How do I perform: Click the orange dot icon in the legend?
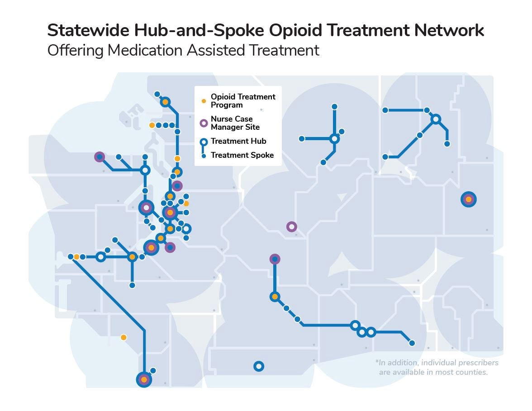pos(204,101)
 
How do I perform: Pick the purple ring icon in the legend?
pos(204,123)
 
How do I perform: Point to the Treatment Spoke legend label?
pos(242,155)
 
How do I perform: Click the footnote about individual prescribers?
pos(437,367)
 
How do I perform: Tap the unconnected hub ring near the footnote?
pos(258,366)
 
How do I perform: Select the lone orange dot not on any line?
pos(123,337)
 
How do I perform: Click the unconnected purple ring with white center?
pos(292,227)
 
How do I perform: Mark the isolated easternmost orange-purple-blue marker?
pos(468,199)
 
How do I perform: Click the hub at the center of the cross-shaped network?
pos(334,139)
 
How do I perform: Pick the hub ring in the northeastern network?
pos(436,119)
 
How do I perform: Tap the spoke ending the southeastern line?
pos(412,343)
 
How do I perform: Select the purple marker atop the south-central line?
pos(275,259)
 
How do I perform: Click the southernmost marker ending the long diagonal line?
pos(144,380)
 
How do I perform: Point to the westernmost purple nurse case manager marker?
pos(100,157)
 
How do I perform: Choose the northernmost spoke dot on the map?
pos(157,94)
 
